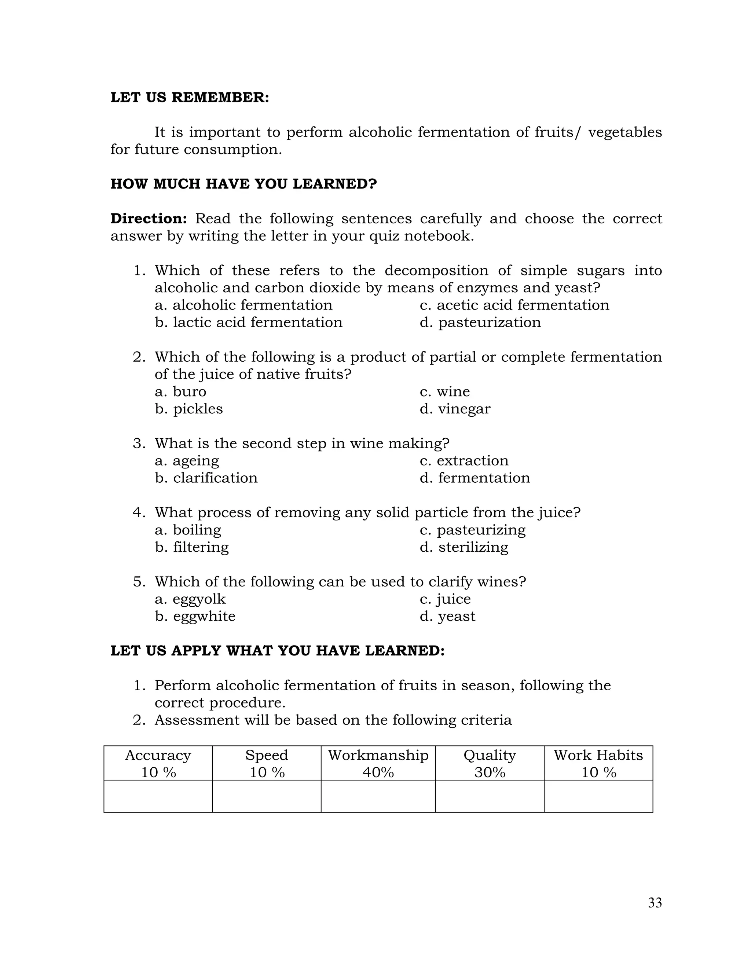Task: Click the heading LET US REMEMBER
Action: tap(190, 98)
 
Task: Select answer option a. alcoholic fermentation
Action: tap(243, 305)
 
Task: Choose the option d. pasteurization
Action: tap(480, 322)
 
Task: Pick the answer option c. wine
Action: tap(444, 391)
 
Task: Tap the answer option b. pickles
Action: tap(188, 409)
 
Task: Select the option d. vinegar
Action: tap(455, 409)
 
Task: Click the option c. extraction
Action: tap(464, 460)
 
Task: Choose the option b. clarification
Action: tap(206, 478)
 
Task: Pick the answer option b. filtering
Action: tap(192, 547)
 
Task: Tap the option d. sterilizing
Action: tap(464, 547)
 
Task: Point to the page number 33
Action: tap(655, 903)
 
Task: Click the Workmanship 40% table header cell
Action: tap(378, 763)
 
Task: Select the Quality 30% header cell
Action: tap(490, 763)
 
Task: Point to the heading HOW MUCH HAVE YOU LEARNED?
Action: tap(243, 184)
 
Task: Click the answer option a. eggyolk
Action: tap(190, 599)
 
